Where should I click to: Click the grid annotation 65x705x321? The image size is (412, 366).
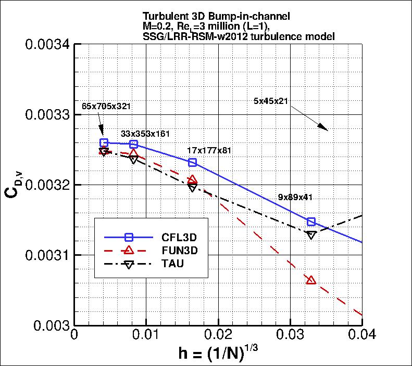pyautogui.click(x=106, y=106)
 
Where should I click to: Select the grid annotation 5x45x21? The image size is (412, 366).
pyautogui.click(x=271, y=100)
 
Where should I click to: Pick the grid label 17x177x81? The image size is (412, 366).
pyautogui.click(x=209, y=150)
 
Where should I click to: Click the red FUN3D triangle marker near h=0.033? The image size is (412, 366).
pyautogui.click(x=311, y=280)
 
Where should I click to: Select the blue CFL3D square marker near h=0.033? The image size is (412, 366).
pyautogui.click(x=311, y=222)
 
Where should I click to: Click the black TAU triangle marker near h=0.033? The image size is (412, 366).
pyautogui.click(x=311, y=235)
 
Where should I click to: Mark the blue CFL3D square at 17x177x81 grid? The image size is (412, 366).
pyautogui.click(x=192, y=163)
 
